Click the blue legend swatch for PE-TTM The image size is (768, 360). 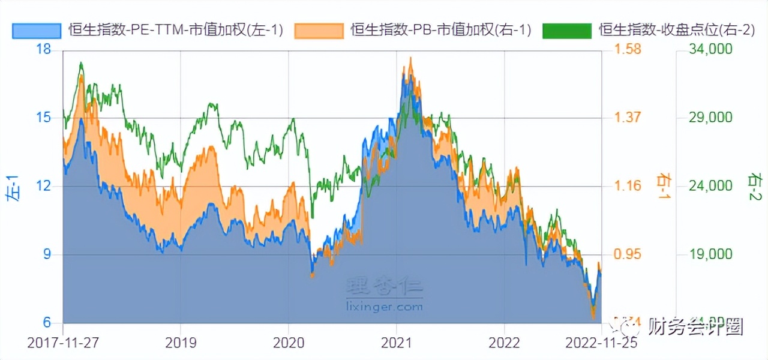point(37,30)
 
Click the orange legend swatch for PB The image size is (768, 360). point(319,30)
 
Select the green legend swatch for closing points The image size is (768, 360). point(566,30)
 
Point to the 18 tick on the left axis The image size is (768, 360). point(43,49)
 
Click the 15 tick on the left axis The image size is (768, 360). point(43,118)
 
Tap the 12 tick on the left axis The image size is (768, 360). point(43,186)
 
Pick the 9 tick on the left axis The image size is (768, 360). point(47,254)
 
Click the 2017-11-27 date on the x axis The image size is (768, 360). point(63,343)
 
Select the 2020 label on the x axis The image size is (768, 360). point(288,343)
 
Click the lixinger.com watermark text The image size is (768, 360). point(385,307)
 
